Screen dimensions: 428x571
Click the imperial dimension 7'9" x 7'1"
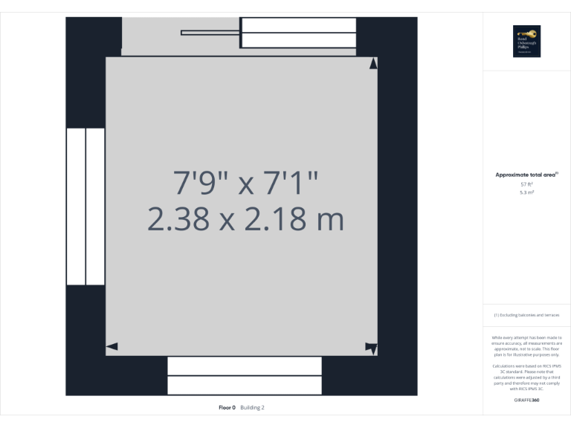click(x=245, y=183)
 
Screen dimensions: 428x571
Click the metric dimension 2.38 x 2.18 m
click(x=245, y=220)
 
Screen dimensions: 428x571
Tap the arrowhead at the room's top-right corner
click(x=373, y=64)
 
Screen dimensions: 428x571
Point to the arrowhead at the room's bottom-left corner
click(x=112, y=346)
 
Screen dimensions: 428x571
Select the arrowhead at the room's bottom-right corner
click(x=371, y=347)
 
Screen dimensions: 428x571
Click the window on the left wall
click(x=86, y=207)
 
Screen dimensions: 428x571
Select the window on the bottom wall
click(x=245, y=375)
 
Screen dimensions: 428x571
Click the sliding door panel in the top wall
click(x=298, y=33)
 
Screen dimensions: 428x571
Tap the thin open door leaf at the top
click(x=210, y=33)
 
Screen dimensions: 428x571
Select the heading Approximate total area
click(x=526, y=175)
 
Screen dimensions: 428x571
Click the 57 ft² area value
click(x=526, y=184)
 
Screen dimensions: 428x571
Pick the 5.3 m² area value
click(x=526, y=192)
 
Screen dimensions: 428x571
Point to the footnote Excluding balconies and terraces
click(x=526, y=315)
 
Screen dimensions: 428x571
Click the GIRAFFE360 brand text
click(x=526, y=401)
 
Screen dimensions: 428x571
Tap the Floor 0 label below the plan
click(x=227, y=407)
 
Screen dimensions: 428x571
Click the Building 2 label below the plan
click(x=252, y=407)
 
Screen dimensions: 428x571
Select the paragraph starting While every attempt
click(x=526, y=346)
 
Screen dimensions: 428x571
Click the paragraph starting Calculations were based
click(x=526, y=377)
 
